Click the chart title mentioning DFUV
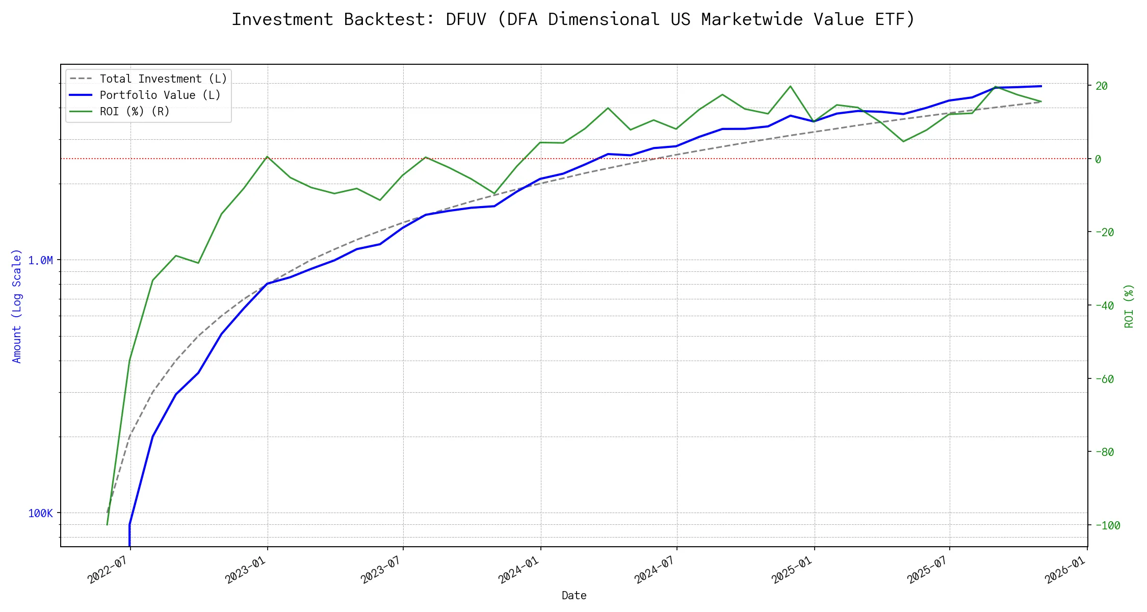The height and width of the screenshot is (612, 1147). click(x=573, y=19)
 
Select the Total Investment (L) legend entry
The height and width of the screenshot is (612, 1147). click(x=163, y=79)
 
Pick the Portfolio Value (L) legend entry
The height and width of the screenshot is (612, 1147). click(x=160, y=95)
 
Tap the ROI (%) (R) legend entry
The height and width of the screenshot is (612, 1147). click(x=135, y=112)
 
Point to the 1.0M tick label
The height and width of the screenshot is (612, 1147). click(x=40, y=261)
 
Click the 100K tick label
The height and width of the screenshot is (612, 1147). click(x=40, y=514)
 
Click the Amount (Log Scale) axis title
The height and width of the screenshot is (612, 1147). click(x=17, y=306)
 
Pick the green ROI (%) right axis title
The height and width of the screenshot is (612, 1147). click(x=1129, y=306)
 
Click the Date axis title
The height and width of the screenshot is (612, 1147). click(x=574, y=596)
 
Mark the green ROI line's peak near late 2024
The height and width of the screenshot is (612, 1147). click(x=790, y=86)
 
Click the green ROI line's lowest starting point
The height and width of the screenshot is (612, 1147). click(x=107, y=524)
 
